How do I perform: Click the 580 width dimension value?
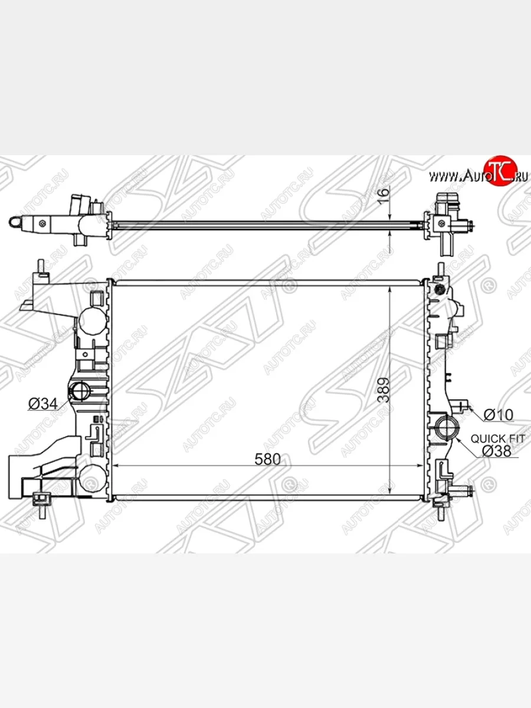(x=267, y=459)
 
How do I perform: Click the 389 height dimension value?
(x=383, y=390)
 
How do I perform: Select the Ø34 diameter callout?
(x=43, y=404)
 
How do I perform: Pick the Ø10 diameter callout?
(x=499, y=415)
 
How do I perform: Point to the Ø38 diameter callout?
(x=497, y=451)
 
